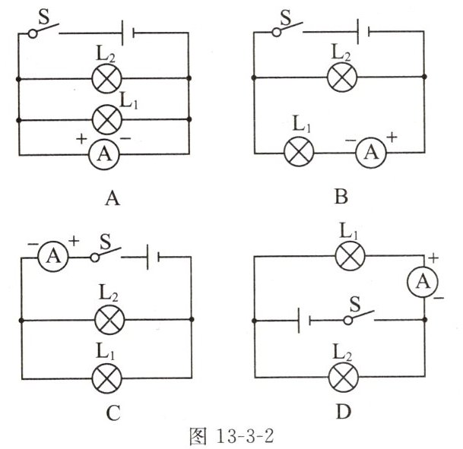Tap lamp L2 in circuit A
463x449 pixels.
(x=103, y=77)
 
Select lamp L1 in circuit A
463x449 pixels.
(x=103, y=119)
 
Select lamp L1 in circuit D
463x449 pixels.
(x=349, y=256)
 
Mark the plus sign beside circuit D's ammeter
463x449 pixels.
(x=433, y=259)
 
